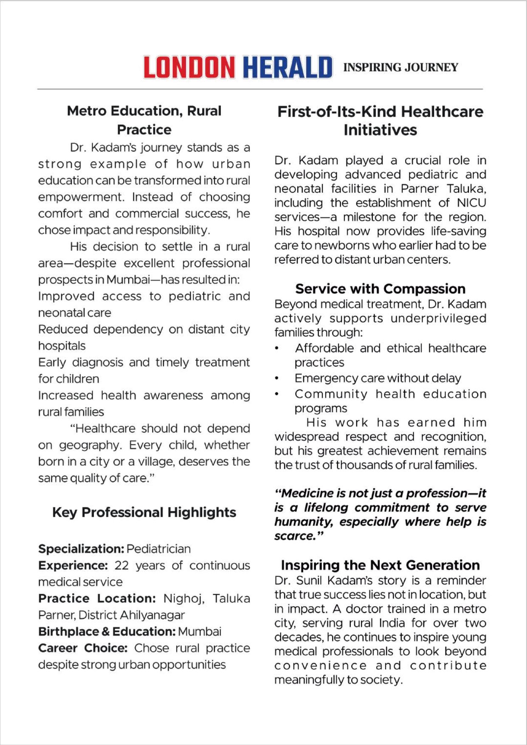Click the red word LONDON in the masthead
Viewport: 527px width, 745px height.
tap(189, 67)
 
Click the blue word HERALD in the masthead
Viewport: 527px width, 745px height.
tap(287, 67)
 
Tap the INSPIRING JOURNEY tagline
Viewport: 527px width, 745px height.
tap(400, 67)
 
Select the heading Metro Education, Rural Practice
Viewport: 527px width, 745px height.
tap(144, 120)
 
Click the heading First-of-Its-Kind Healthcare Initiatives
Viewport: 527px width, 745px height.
tap(380, 121)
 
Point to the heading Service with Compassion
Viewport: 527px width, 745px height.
tap(380, 289)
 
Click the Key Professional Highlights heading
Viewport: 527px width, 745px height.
tap(144, 512)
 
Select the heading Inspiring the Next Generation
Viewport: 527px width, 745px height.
tap(380, 565)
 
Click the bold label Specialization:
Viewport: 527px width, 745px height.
tap(81, 549)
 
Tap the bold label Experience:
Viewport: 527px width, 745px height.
tap(73, 565)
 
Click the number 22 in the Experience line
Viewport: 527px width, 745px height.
tap(121, 565)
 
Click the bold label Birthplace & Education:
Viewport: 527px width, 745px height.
tap(107, 632)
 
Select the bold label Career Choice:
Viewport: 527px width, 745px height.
tap(83, 648)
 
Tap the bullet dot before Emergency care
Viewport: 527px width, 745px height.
tap(277, 378)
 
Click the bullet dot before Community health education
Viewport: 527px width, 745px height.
tap(277, 394)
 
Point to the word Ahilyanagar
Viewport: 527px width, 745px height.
tap(152, 615)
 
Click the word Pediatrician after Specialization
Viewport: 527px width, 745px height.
tap(158, 549)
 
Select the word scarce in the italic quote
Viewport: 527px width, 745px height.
tap(295, 536)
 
